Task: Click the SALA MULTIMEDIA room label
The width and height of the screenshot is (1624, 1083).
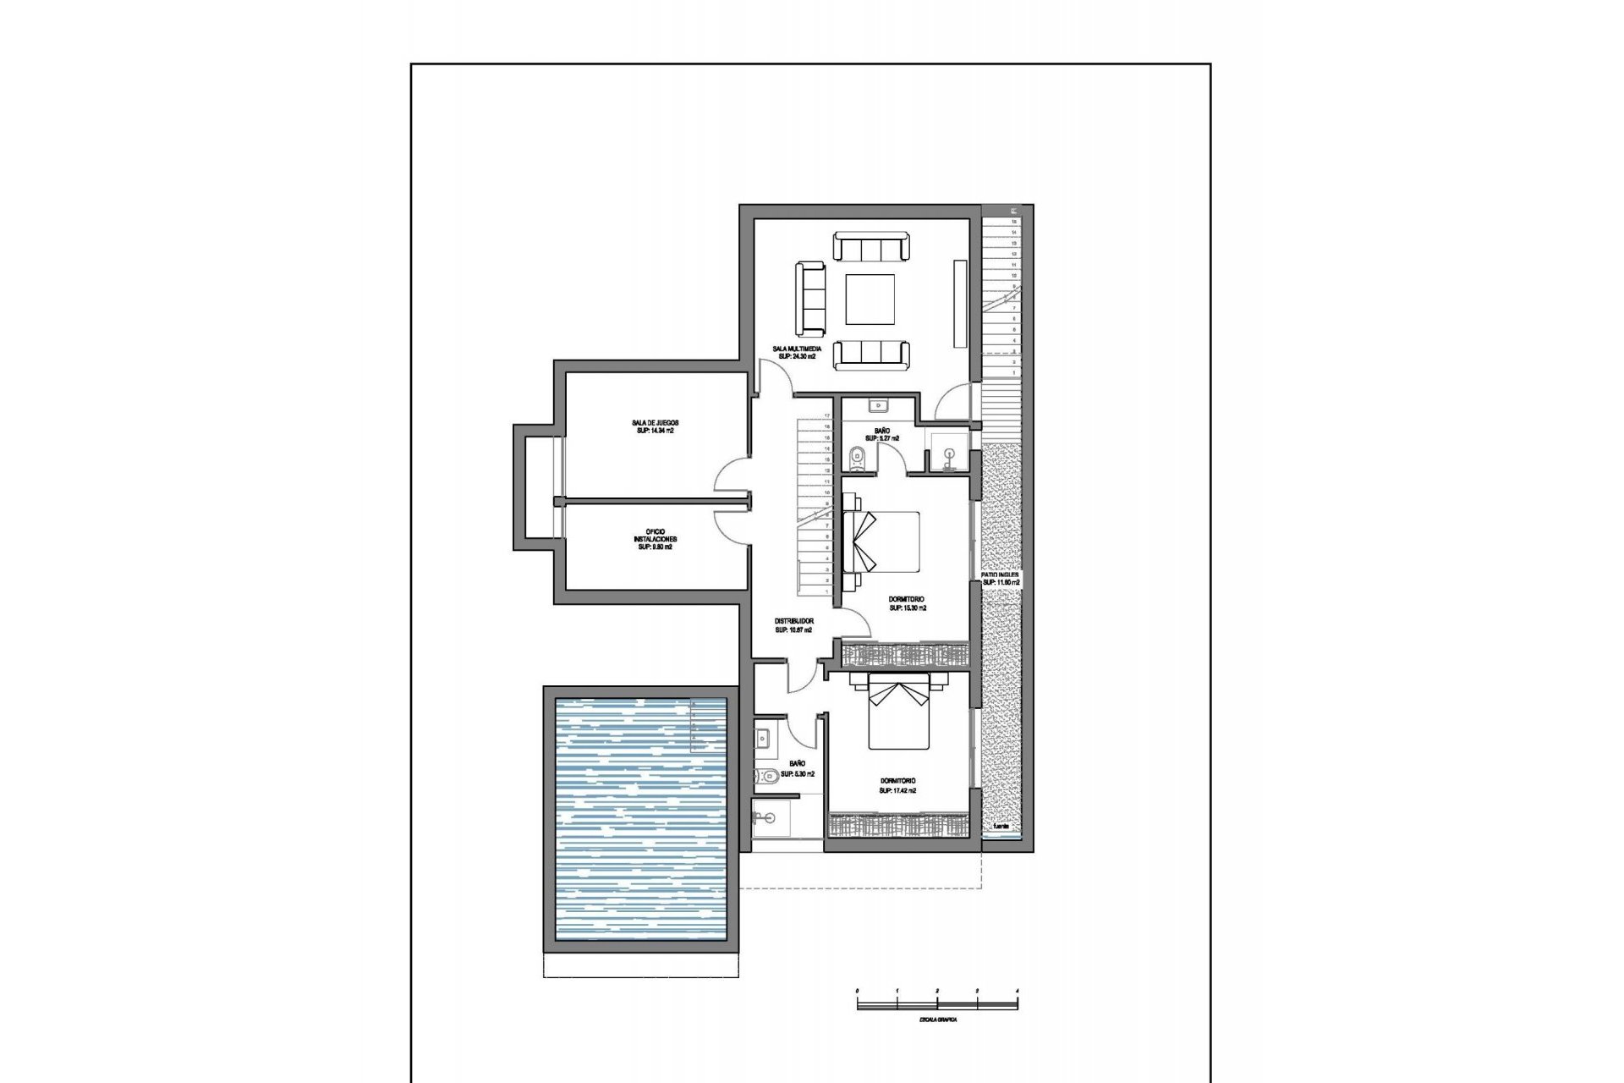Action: point(796,349)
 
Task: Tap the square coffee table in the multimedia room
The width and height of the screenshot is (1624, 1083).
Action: point(870,300)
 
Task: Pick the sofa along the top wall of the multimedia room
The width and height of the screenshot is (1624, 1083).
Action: point(872,248)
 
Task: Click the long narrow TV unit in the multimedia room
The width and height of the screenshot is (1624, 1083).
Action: point(959,303)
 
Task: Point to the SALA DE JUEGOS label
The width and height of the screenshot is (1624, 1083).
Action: point(655,423)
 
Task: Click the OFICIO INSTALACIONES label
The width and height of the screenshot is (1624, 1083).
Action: point(655,539)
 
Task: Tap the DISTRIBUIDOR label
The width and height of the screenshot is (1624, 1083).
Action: point(793,621)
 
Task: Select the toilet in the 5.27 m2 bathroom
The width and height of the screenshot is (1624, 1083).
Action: point(856,457)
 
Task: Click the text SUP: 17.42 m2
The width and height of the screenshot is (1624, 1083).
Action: point(897,790)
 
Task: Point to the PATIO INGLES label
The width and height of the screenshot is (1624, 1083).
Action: point(1000,574)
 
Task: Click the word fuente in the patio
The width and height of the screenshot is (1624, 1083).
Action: point(1001,826)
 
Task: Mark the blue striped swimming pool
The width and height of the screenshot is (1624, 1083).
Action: point(640,819)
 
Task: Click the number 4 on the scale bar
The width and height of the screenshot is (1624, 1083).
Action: point(1017,990)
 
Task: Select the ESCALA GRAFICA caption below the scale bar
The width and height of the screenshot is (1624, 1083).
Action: point(937,1020)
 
